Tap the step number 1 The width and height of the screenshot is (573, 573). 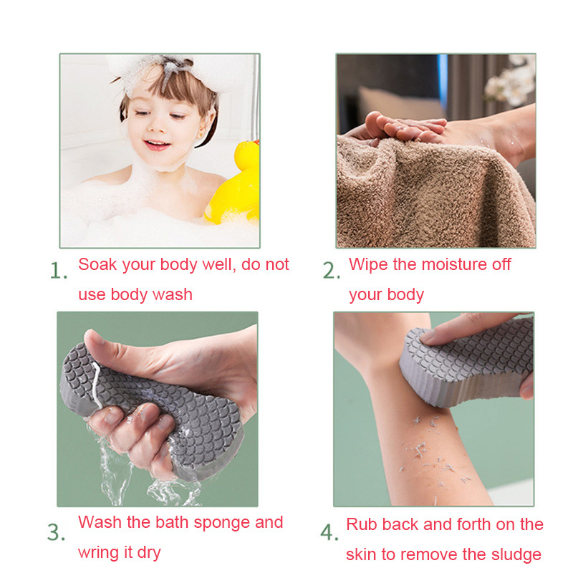tap(59, 271)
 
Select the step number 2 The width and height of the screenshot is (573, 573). tap(331, 271)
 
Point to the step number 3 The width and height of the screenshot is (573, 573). tap(57, 532)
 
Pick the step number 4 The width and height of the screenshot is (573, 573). tap(329, 532)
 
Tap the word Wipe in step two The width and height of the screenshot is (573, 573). tap(368, 264)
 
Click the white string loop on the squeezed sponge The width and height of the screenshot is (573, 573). tap(97, 385)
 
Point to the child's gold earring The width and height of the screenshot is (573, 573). tap(200, 135)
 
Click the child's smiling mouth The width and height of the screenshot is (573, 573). tap(157, 145)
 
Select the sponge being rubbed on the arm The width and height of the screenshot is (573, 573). tap(467, 362)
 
